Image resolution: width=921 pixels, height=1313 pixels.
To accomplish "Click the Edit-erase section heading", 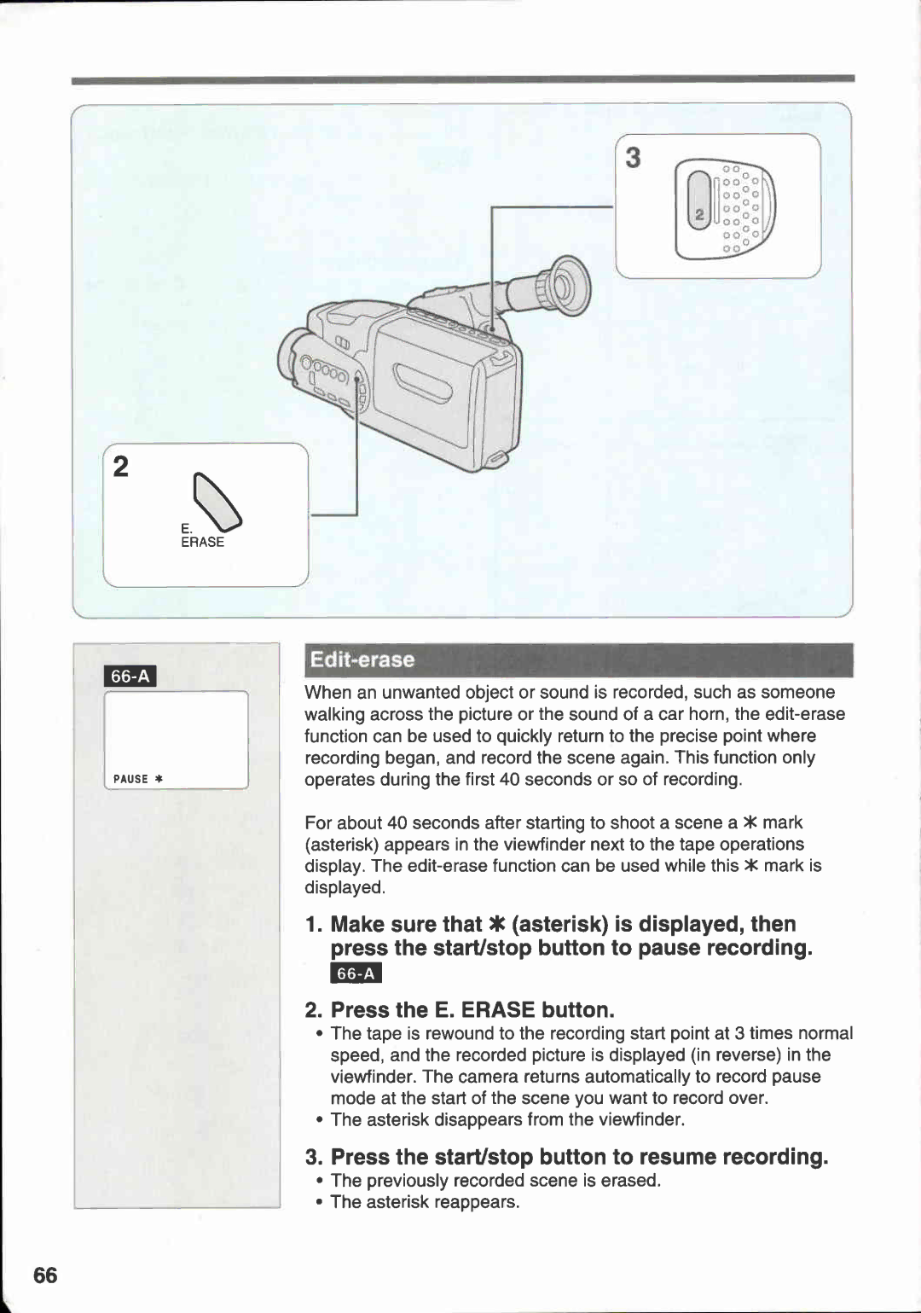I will pos(362,659).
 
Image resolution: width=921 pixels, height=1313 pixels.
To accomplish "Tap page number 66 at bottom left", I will pos(45,1275).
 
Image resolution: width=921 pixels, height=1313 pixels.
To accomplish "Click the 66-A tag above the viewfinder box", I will pos(130,677).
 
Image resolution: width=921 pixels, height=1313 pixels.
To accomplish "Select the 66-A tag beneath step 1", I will pos(356,973).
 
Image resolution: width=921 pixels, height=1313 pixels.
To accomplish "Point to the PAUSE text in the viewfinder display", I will pos(130,779).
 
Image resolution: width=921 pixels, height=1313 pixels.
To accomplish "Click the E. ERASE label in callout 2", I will pos(201,536).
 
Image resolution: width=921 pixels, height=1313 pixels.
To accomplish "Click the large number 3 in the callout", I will pos(633,158).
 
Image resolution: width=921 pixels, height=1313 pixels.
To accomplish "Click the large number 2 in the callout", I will pos(121,467).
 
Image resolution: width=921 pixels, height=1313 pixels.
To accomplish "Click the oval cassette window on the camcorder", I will pos(422,383).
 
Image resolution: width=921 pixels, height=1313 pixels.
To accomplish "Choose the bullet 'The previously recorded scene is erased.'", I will pos(495,1180).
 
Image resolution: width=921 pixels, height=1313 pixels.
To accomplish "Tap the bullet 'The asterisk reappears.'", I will pos(425,1202).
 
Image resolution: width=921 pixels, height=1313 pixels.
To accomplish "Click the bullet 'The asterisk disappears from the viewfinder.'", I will pos(507,1119).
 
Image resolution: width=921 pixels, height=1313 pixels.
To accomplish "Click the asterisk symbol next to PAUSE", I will pos(159,779).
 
